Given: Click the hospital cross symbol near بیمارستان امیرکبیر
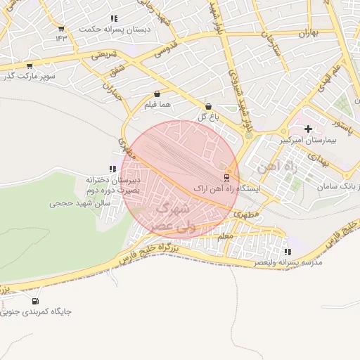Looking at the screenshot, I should (x=309, y=129).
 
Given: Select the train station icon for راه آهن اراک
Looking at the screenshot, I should (x=226, y=177).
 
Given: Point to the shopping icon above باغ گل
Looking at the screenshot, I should (x=208, y=106).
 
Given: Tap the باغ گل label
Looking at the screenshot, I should (x=207, y=117).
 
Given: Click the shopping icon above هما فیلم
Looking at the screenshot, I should (x=156, y=93).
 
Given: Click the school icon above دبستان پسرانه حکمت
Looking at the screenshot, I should (x=114, y=18).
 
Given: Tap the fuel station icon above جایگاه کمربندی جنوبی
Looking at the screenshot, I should (x=35, y=301).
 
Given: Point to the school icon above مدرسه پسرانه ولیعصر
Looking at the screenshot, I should (x=288, y=252).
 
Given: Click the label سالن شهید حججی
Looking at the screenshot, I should (x=78, y=203).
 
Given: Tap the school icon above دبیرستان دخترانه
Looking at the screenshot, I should (x=112, y=169).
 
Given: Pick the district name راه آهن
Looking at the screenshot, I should (x=273, y=167).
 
